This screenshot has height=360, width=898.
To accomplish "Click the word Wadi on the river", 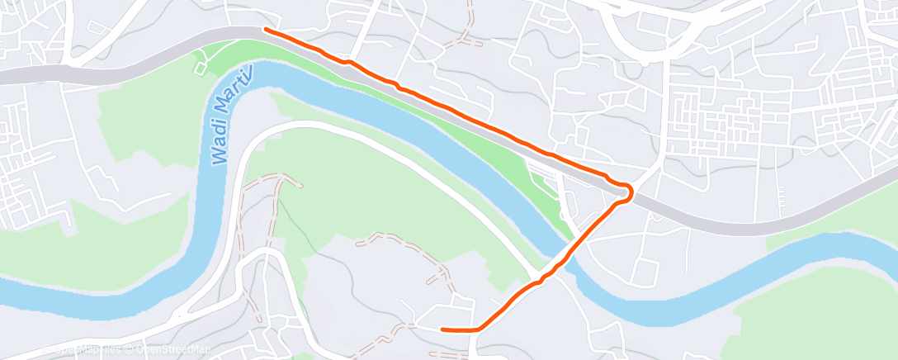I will (x=220, y=147).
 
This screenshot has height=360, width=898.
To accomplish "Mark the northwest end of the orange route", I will (x=265, y=30).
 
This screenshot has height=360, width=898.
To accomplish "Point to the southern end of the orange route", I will (x=443, y=329).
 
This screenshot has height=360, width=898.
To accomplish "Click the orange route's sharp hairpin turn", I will (x=631, y=192).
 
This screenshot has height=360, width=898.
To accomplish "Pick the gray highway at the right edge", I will (x=887, y=183).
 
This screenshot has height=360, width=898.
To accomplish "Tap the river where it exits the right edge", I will (x=890, y=240).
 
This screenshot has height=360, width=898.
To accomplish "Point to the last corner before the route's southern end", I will (x=477, y=328).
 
